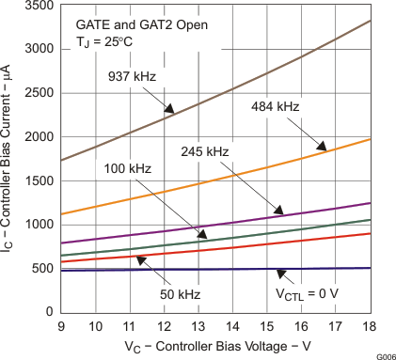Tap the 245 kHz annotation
205,151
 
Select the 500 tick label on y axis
42,268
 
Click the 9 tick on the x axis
60,325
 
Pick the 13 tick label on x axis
198,325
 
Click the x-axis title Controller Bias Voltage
214,345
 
